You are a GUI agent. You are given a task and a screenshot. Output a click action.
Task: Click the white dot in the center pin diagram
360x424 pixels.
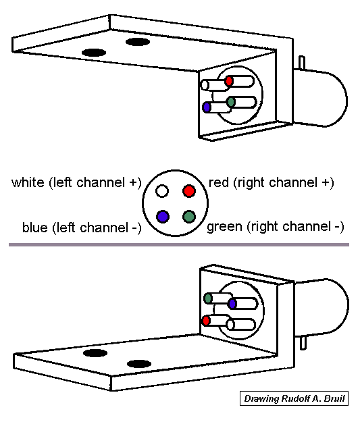click(x=161, y=191)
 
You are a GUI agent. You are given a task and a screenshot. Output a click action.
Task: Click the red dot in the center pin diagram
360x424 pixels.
click(x=190, y=191)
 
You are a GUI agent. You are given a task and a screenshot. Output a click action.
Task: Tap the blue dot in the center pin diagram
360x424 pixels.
click(x=161, y=217)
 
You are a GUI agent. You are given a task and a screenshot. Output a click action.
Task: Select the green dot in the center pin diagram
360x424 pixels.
click(x=190, y=217)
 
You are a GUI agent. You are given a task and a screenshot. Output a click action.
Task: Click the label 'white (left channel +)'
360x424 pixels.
click(x=76, y=183)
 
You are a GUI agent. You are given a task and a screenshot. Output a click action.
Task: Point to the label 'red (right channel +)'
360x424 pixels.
click(x=272, y=182)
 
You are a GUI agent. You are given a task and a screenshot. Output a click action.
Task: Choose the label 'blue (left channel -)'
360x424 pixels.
click(x=81, y=228)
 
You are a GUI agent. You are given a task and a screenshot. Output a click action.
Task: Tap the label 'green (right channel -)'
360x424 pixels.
click(x=275, y=226)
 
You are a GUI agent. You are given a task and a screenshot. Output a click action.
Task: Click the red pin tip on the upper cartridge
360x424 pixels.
click(x=229, y=81)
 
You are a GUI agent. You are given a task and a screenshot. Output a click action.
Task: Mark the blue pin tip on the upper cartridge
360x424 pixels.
click(x=207, y=107)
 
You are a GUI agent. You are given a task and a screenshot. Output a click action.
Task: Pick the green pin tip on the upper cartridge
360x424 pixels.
click(x=231, y=102)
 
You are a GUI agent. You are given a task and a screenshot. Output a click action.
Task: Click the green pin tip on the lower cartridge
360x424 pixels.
click(x=209, y=298)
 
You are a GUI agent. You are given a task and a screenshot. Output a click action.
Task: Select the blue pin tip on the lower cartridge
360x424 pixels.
click(x=232, y=304)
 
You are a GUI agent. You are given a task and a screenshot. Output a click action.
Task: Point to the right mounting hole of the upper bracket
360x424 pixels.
click(x=137, y=43)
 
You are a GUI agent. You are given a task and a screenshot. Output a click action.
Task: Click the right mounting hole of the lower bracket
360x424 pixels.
click(x=139, y=363)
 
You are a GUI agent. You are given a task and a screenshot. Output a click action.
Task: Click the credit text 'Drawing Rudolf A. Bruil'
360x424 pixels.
click(x=293, y=399)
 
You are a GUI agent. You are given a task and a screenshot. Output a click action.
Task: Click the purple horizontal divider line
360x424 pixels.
click(x=179, y=244)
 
